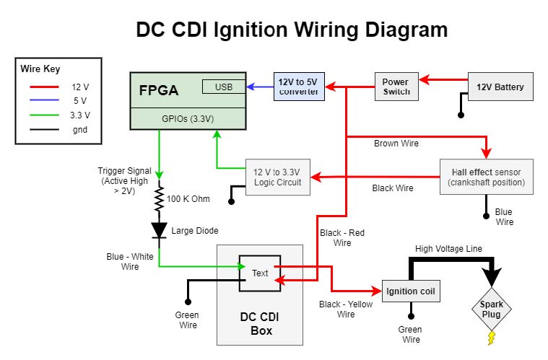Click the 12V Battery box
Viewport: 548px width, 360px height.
tap(500, 87)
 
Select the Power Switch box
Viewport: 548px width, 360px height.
tap(396, 87)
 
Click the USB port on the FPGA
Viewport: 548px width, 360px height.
tap(223, 87)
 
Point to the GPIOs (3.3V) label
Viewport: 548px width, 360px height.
tap(187, 119)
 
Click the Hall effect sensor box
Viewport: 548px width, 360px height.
tap(486, 177)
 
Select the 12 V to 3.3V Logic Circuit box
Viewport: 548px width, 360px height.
tap(277, 177)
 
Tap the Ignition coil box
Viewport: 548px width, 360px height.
tap(411, 291)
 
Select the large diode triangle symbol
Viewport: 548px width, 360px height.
tap(158, 230)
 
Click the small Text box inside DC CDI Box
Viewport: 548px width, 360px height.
tap(260, 273)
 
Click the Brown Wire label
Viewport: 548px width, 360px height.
tap(396, 144)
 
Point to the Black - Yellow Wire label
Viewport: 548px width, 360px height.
tap(346, 309)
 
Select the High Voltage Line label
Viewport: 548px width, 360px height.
tap(448, 249)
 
